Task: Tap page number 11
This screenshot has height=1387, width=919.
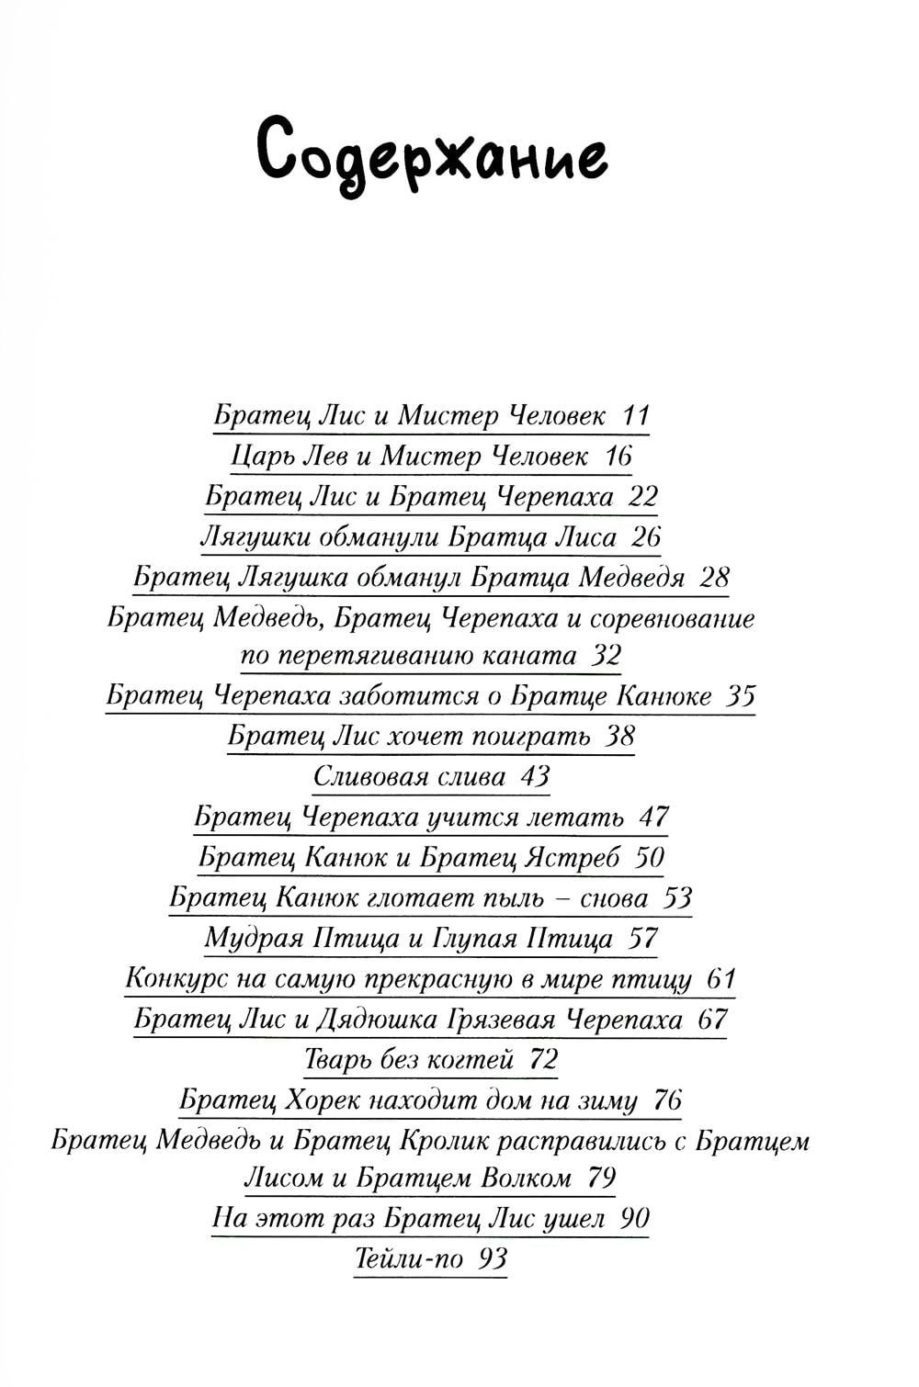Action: pos(635,415)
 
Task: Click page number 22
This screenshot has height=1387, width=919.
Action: pos(642,496)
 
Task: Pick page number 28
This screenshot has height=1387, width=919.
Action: pos(714,577)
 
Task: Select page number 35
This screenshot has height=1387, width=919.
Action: pos(740,695)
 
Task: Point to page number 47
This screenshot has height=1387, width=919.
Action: pos(653,817)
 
